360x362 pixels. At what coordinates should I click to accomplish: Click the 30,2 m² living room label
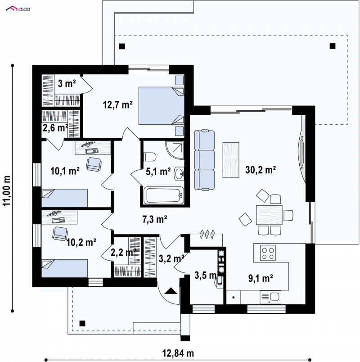tap(261, 170)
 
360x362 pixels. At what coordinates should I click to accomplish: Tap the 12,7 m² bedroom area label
tap(118, 105)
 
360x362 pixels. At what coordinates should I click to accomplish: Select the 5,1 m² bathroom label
tap(158, 171)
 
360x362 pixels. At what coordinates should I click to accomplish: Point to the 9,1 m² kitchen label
tap(261, 278)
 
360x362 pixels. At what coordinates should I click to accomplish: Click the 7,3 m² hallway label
tap(155, 219)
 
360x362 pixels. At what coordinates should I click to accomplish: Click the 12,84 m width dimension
tap(178, 353)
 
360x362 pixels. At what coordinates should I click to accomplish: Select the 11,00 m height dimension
tap(7, 191)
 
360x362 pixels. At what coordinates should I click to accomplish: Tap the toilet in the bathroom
tap(150, 157)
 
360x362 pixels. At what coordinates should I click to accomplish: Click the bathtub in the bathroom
tap(164, 196)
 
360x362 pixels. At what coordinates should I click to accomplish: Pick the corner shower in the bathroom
tap(175, 150)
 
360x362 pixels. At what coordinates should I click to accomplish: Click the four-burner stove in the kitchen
tap(268, 253)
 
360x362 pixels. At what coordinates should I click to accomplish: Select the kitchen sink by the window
tap(270, 297)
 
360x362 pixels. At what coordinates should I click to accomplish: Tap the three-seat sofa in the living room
tap(204, 160)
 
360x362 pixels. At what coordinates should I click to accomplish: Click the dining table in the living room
tap(269, 215)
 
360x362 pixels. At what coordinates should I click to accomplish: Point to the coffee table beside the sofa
tap(231, 160)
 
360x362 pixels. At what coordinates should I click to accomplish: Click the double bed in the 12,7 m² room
tap(161, 106)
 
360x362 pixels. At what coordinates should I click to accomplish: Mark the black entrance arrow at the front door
tap(171, 291)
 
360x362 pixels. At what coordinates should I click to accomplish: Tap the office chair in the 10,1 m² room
tap(94, 164)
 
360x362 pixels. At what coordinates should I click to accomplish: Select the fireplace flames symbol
tap(207, 234)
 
